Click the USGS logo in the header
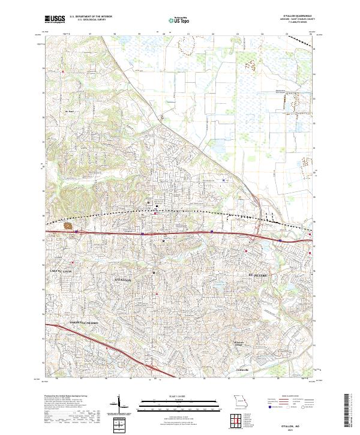(55, 19)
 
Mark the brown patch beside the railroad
(68, 226)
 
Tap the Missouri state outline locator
(240, 401)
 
